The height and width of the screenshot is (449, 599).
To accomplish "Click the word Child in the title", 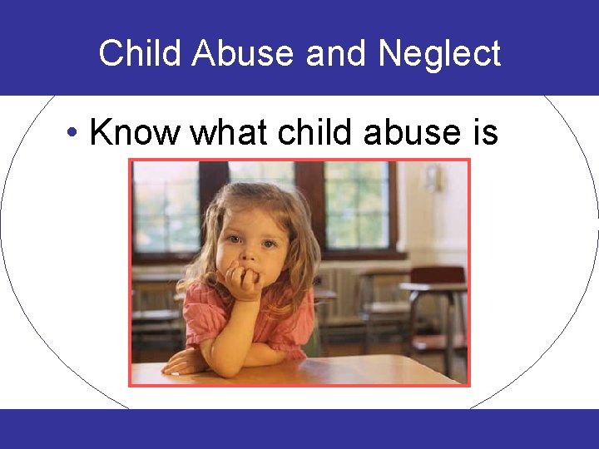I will (140, 54).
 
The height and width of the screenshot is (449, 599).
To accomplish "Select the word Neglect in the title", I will (439, 54).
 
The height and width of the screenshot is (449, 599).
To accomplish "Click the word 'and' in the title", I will (337, 54).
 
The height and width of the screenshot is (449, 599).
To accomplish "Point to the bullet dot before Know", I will (74, 133).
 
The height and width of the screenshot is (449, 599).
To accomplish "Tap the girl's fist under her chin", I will (244, 283).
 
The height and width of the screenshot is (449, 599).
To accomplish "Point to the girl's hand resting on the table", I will (185, 363).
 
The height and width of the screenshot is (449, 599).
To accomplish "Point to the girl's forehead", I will (250, 212).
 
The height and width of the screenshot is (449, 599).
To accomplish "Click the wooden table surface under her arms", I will (333, 370).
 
